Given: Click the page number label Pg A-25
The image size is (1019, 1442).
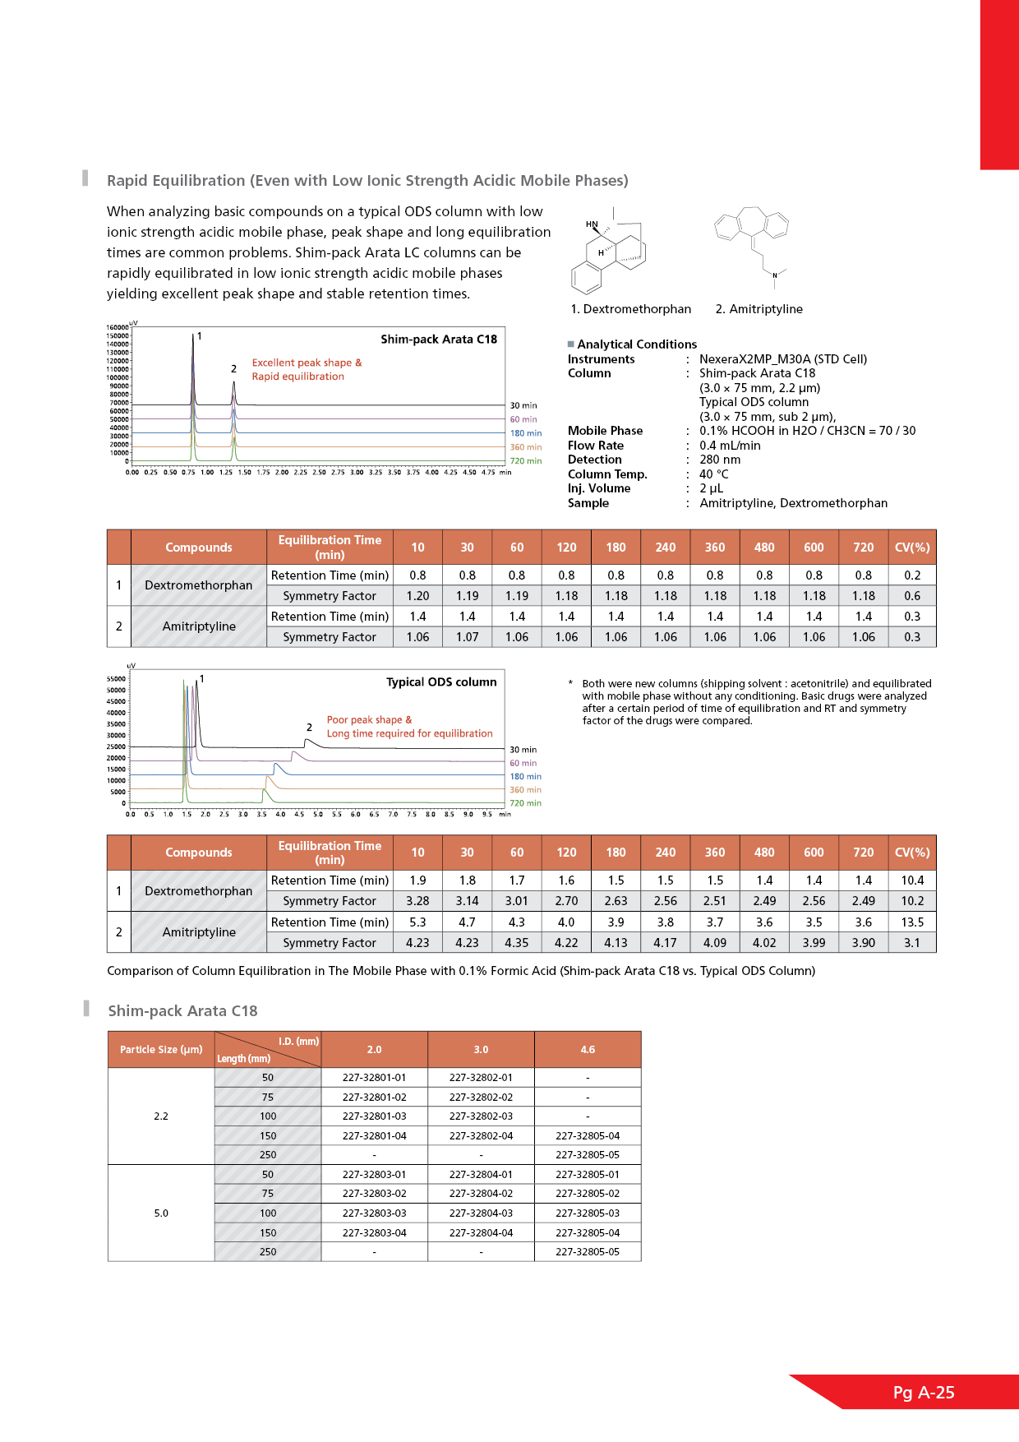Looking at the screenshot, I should point(924,1393).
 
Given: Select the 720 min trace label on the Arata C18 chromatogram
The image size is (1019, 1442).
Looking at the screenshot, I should point(526,461).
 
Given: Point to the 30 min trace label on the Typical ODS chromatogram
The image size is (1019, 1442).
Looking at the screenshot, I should point(523,750).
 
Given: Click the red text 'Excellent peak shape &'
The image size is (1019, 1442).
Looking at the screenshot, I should point(307,363).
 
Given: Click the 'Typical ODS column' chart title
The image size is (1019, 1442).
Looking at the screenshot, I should point(441,682).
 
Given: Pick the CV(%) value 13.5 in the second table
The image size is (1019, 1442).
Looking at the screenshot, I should point(912,922).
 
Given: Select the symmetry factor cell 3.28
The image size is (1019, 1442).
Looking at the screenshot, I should point(417,901).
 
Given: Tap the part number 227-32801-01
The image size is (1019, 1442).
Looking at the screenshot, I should point(374,1078).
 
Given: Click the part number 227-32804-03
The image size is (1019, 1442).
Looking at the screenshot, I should point(481,1213).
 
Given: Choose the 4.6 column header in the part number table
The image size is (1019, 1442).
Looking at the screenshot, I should point(588,1050).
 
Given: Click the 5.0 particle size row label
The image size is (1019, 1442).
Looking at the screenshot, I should point(161,1213).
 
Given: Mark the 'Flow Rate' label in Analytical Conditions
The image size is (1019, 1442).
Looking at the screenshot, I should point(596,446).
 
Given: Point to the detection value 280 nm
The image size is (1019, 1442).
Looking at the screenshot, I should point(720,460).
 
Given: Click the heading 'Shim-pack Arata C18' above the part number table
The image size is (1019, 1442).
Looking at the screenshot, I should point(182,1011).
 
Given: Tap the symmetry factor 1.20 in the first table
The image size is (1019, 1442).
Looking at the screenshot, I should point(417,596).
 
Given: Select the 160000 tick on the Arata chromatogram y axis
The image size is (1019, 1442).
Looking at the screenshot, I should point(118,327).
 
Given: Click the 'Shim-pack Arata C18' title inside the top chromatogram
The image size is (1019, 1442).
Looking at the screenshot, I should point(439,340).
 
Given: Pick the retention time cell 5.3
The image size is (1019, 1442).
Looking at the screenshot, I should point(417,922).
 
